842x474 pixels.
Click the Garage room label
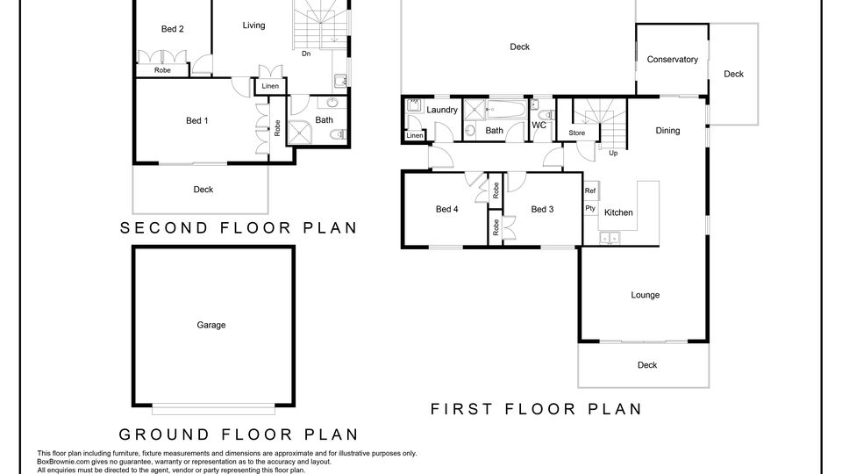coord(211,325)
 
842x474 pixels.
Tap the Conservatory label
coord(673,59)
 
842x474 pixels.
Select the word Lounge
coord(645,295)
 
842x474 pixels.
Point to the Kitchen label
coord(618,212)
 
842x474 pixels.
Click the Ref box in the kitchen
coord(590,190)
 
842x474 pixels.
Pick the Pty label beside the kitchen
coord(590,209)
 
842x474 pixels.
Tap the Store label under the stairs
coord(577,133)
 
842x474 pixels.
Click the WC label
coord(539,126)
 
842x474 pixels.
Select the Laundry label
coord(442,110)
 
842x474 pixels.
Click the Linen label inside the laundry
coord(415,135)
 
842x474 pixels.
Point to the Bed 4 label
coord(446,209)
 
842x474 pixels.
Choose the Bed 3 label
coord(542,209)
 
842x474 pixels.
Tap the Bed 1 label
coord(197,120)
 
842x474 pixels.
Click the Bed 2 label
coord(173,29)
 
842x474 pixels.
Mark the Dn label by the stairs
coord(306,54)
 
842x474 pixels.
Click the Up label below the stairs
coord(613,153)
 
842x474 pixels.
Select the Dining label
coord(667,131)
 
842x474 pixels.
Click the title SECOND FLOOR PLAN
coord(239,228)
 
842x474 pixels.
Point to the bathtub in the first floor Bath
coord(506,109)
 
